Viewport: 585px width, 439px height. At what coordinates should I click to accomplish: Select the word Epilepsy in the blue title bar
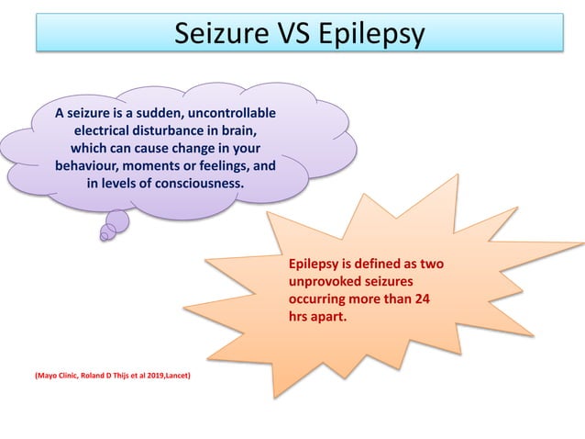(x=373, y=34)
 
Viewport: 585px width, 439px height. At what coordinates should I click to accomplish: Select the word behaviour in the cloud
(x=88, y=166)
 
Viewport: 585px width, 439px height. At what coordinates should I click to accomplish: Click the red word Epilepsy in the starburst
(x=316, y=265)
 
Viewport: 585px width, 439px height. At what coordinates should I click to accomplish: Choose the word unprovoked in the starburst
(x=327, y=282)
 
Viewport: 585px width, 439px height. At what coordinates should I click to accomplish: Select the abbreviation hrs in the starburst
(x=298, y=317)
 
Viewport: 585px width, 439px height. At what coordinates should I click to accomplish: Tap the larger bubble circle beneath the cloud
(x=117, y=220)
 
